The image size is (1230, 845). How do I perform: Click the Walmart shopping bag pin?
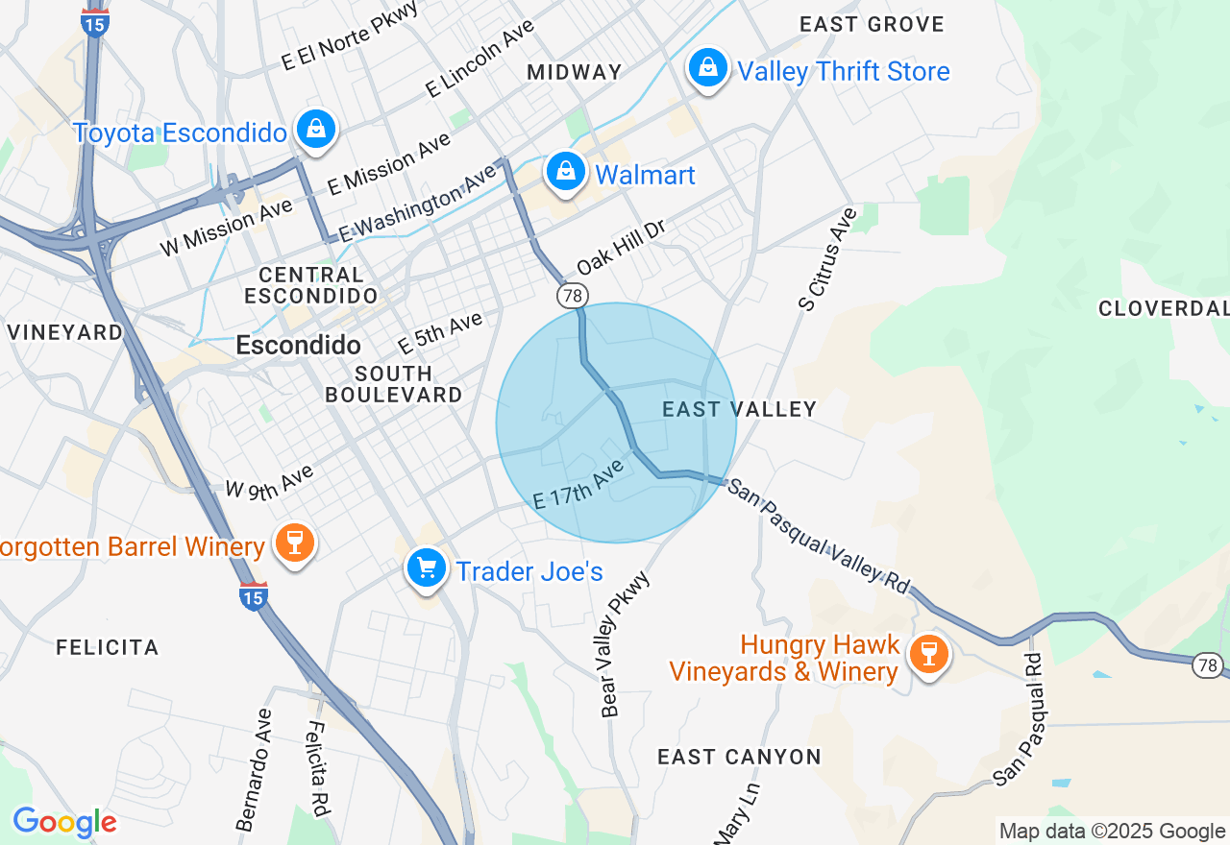566,173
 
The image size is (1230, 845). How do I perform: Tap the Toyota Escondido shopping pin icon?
315,129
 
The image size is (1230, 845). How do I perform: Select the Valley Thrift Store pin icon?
707,68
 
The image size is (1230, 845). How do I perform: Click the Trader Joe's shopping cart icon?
427,568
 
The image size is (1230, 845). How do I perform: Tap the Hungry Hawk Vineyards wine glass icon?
927,655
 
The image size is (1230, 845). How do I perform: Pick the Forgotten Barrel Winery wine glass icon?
294,543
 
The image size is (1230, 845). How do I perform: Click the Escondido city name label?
298,346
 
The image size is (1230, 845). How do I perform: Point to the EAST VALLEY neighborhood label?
739,410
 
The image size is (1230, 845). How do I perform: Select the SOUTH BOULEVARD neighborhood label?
394,384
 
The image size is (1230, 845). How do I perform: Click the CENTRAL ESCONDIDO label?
310,286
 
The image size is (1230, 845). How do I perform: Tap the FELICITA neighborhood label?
108,648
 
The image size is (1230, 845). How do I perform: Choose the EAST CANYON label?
739,758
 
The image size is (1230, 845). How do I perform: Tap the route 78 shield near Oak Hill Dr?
573,295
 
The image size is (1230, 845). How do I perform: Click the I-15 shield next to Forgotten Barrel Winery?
253,596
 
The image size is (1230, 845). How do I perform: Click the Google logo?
64,822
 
